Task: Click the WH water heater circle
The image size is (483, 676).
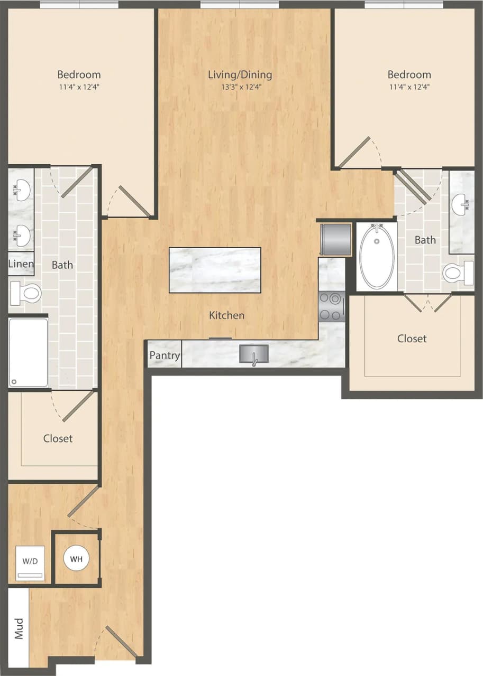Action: coord(77,559)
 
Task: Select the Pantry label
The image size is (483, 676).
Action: coord(164,355)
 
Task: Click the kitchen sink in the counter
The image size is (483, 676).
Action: coord(254,354)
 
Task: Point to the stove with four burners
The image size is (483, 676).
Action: coord(331,306)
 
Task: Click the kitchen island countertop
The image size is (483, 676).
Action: coord(215,270)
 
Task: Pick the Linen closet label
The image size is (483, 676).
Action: coord(21,264)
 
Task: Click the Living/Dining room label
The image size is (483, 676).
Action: coord(240,74)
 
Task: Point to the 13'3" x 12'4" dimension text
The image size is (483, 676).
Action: coord(241,87)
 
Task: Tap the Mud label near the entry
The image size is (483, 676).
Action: coord(19,628)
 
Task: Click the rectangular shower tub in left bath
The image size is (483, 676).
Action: coord(28,352)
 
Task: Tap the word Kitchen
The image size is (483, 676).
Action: coord(226,315)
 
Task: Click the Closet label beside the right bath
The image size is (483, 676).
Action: coord(412,339)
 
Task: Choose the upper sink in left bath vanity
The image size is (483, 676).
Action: coord(21,186)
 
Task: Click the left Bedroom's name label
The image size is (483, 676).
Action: coord(79,74)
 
